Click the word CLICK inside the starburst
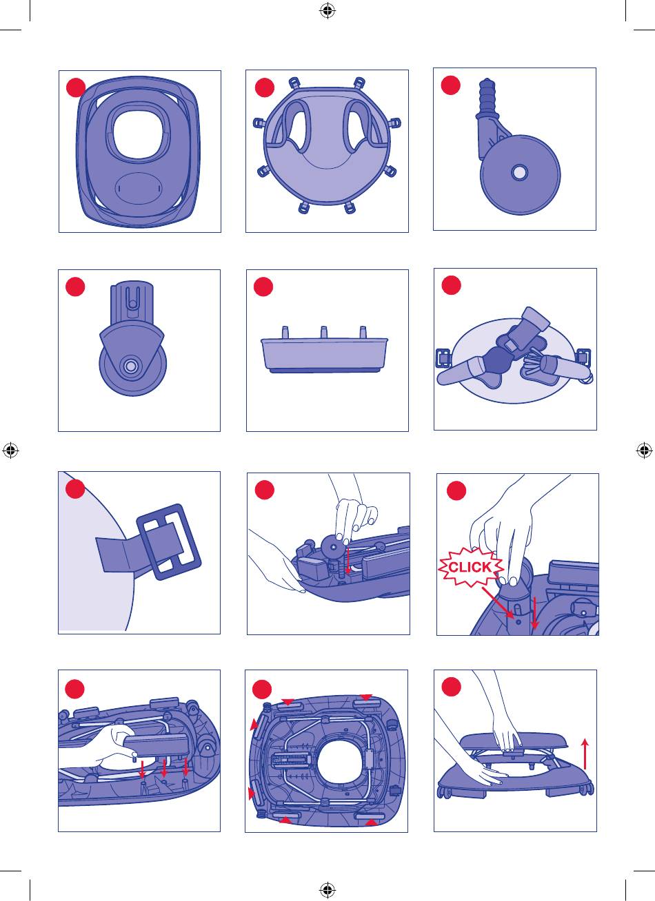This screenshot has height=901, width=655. pos(470,567)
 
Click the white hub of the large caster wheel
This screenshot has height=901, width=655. pos(519,173)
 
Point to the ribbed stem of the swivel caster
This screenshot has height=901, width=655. pos(488,96)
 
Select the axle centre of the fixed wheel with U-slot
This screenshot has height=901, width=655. pos(130,366)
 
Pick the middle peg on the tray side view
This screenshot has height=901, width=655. pos(323,333)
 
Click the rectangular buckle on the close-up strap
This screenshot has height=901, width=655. pos(169,541)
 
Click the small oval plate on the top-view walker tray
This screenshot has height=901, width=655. pos(138,188)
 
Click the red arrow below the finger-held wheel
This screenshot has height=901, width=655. pos(347,561)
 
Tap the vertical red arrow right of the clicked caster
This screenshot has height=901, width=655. pos(534,612)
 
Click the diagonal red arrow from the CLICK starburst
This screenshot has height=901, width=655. pos(498,602)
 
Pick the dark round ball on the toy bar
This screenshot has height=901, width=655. pos(497,360)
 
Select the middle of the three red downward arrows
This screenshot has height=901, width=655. pos(164,768)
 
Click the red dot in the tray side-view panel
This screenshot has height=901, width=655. pos(263,287)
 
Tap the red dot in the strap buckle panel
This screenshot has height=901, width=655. pos(75,488)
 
